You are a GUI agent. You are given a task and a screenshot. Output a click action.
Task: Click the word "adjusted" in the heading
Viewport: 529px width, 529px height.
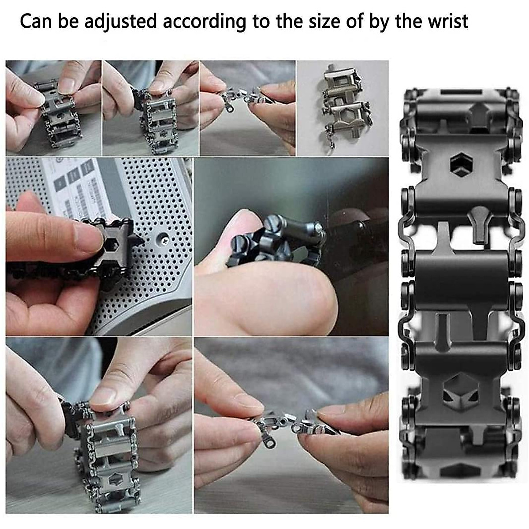(120, 22)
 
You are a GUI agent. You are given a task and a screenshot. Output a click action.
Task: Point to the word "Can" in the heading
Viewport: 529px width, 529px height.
(36, 22)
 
